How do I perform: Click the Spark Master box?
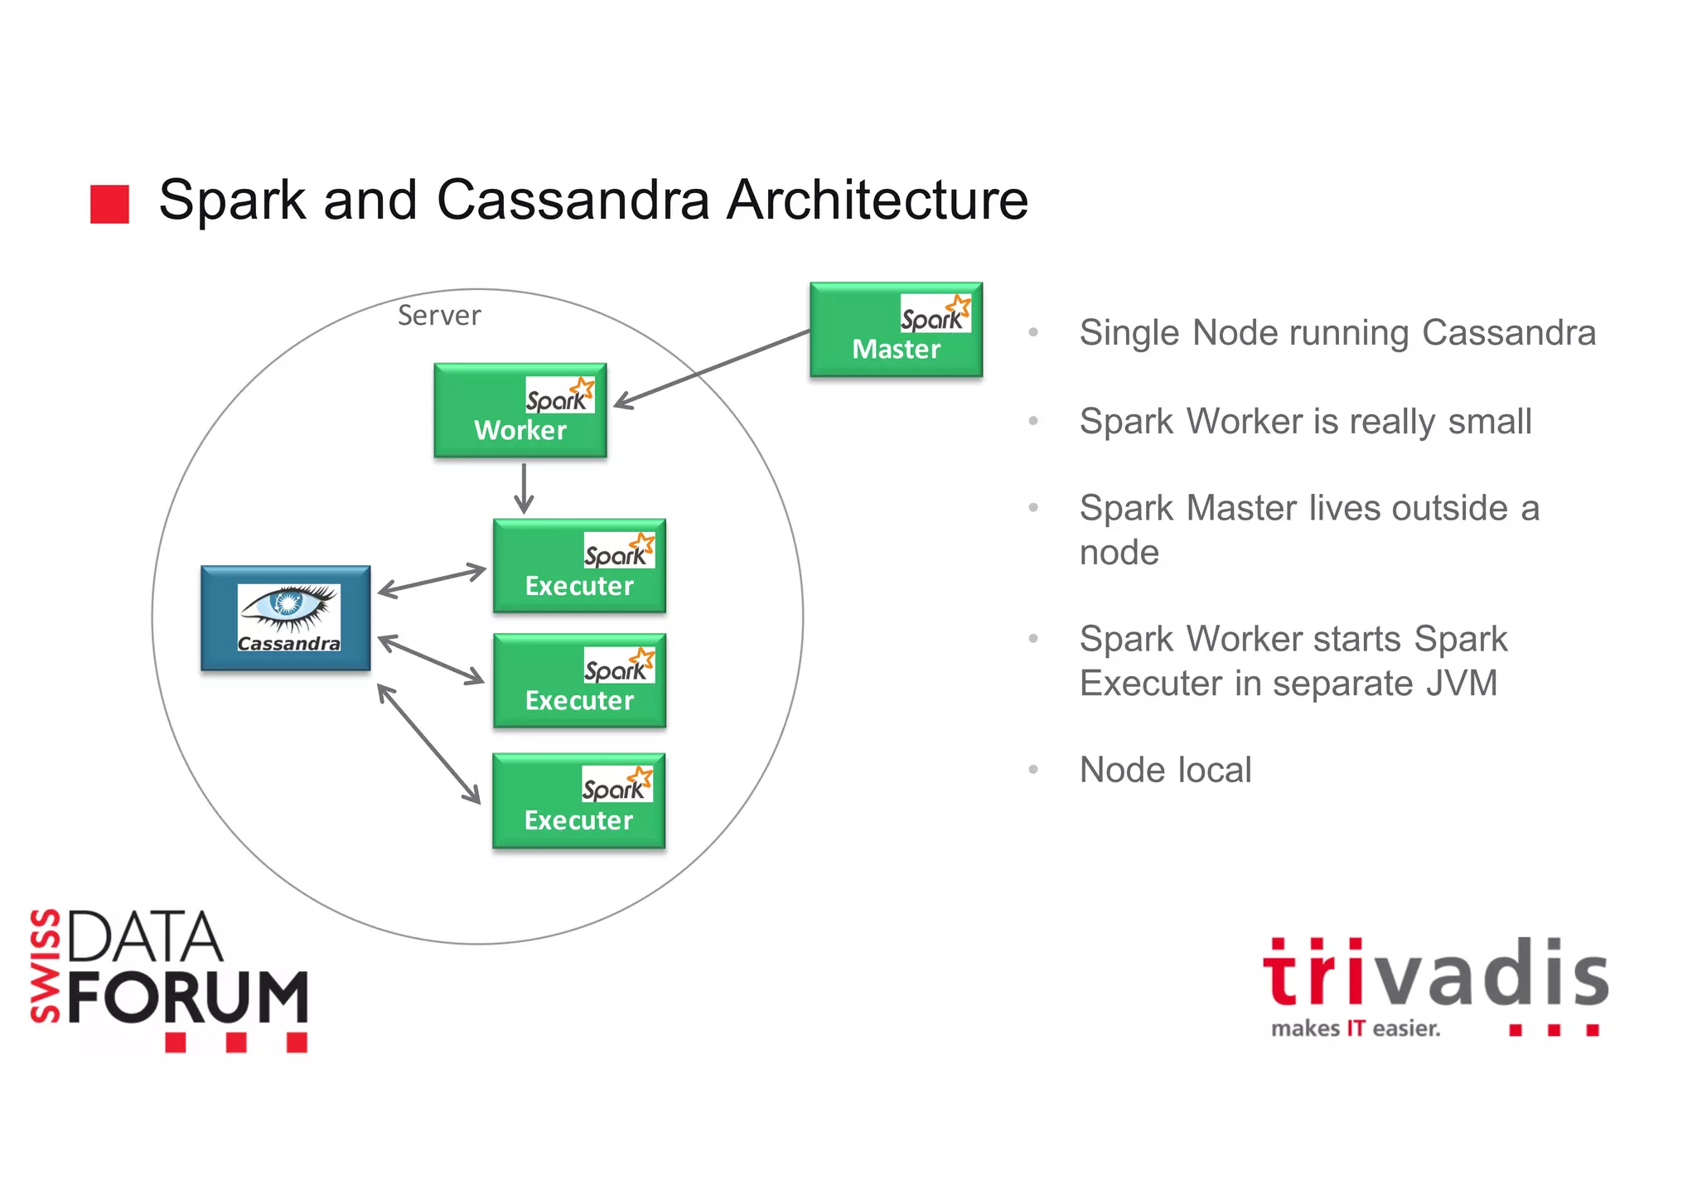895,330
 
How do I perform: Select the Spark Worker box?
520,410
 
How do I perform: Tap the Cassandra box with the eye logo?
285,618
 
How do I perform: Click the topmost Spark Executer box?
578,566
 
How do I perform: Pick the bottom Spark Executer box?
578,800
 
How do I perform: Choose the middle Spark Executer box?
578,681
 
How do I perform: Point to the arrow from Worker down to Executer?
523,488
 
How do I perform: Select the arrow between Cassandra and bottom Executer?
428,743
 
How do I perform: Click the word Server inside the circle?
438,316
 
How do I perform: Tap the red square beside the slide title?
109,204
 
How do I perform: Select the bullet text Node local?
1165,770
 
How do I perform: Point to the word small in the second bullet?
1489,421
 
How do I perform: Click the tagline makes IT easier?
1356,1029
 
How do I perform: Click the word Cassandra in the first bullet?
1508,332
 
